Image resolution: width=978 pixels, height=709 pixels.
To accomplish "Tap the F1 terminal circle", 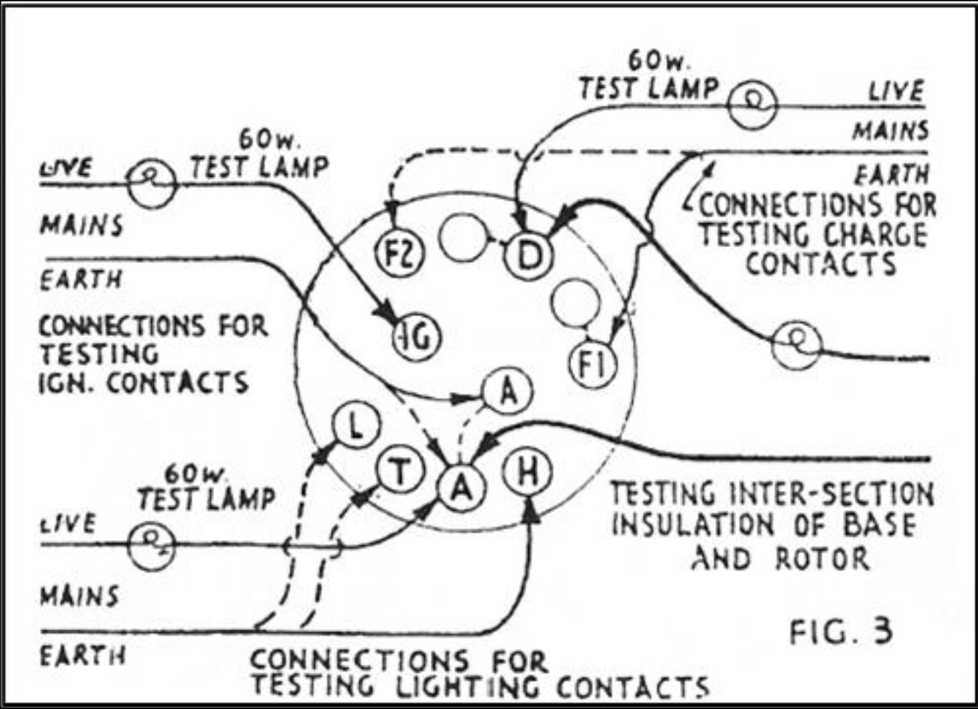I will pyautogui.click(x=593, y=365).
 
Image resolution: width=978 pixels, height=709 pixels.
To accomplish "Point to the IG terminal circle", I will pyautogui.click(x=415, y=338).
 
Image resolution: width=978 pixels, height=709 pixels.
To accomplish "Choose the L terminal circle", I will pyautogui.click(x=356, y=427).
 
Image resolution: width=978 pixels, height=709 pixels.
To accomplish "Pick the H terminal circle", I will pyautogui.click(x=527, y=472).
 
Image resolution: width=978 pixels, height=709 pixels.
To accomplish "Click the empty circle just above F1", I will pyautogui.click(x=576, y=302).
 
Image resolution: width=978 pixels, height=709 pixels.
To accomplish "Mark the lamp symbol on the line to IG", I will pyautogui.click(x=151, y=184).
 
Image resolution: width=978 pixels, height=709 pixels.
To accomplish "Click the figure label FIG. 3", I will pyautogui.click(x=841, y=632).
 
